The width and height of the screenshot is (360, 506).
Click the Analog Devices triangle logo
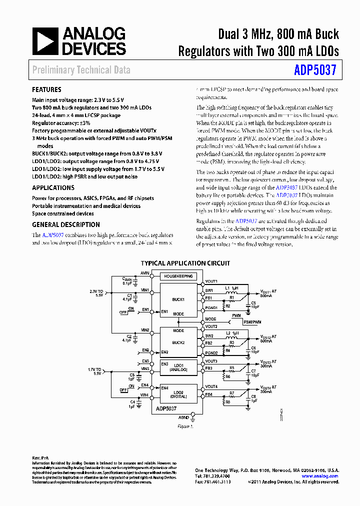(45, 41)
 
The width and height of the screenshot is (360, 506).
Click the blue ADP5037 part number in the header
(315, 70)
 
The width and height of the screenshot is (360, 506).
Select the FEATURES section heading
(46, 90)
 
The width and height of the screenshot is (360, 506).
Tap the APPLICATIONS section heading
(53, 187)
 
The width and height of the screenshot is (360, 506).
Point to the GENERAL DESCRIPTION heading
(65, 224)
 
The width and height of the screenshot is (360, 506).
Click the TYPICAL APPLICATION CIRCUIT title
(185, 263)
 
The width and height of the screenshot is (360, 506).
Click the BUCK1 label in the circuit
(178, 299)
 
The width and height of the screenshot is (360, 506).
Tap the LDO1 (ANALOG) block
(178, 367)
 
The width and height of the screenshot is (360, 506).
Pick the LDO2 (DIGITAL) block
(178, 393)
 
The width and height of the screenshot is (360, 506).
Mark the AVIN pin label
(145, 273)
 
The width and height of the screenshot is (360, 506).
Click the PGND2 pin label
(211, 353)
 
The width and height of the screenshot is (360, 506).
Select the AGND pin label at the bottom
(183, 416)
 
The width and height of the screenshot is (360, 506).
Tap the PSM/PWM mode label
(252, 322)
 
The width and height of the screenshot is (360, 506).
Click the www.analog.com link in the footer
(320, 476)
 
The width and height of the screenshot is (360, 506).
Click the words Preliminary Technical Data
(81, 70)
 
